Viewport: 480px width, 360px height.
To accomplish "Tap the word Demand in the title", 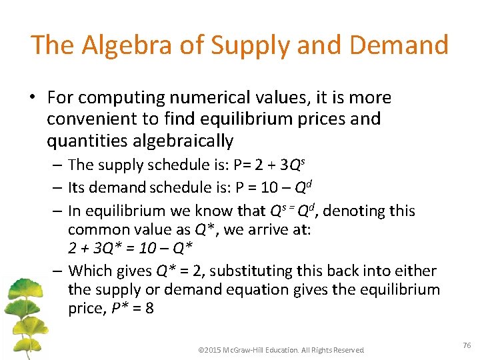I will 402,45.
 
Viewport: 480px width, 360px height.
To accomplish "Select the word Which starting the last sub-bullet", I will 89,271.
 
